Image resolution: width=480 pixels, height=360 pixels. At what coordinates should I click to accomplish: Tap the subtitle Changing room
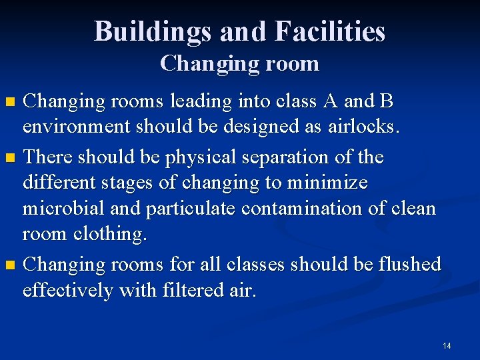239,64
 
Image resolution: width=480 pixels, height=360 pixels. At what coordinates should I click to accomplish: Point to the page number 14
446,345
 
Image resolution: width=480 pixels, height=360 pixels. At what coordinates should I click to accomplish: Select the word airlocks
363,127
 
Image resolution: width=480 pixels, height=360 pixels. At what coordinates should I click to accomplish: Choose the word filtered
190,291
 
